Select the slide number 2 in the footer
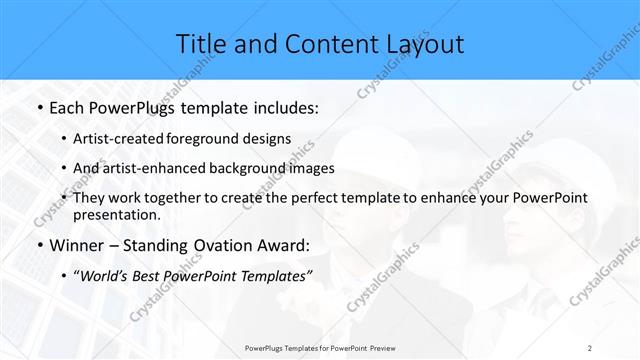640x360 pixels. (x=590, y=348)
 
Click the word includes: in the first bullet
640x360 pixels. (x=282, y=105)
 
